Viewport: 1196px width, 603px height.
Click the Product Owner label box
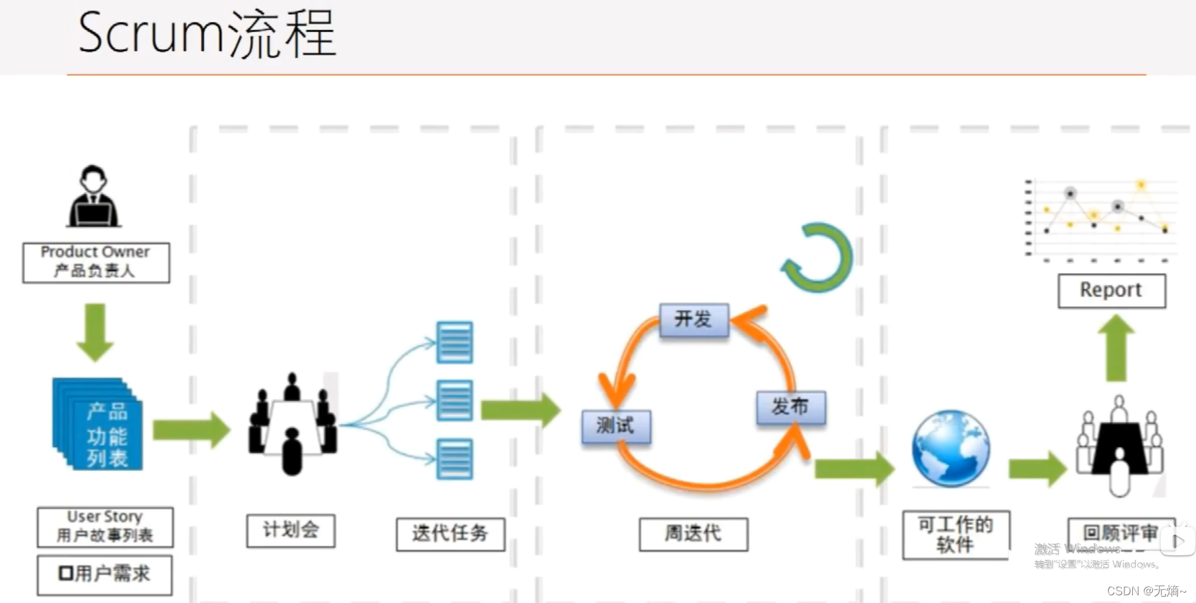96,262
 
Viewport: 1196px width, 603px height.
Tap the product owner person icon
93,196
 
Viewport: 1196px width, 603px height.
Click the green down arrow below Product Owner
95,332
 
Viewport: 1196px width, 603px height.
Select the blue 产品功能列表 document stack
99,425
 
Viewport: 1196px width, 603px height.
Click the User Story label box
105,526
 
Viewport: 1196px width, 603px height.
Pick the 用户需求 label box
104,574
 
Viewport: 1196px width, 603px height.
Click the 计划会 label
290,530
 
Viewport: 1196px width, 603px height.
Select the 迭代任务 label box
450,533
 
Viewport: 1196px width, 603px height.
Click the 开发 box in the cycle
694,320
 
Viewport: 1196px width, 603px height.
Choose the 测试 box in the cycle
616,426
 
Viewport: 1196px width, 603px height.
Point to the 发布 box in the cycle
790,407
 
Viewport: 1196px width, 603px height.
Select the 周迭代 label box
693,533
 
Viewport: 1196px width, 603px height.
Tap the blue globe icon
951,448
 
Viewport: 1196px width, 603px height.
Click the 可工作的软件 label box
956,535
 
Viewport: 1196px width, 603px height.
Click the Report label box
1111,291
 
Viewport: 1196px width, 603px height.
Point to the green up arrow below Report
1115,349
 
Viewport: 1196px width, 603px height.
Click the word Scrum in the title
149,33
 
